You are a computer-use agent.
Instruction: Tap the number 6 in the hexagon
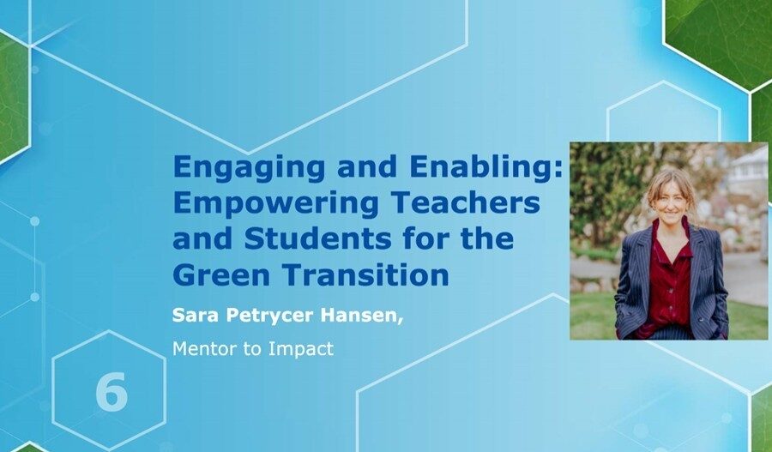coord(111,392)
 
